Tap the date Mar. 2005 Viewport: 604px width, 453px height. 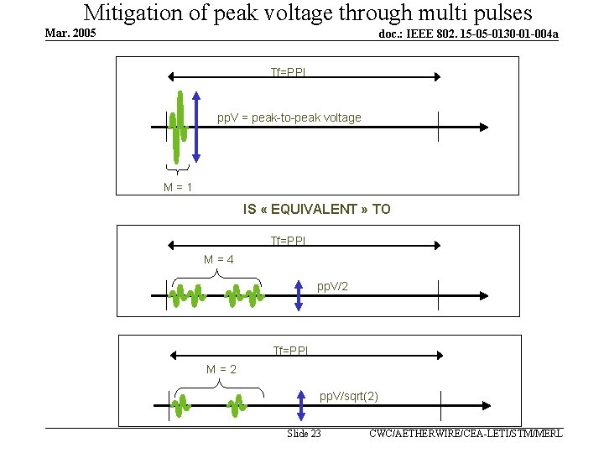tap(70, 34)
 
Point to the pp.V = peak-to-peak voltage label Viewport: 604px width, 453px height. tap(289, 117)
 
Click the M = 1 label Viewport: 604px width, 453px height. tap(178, 187)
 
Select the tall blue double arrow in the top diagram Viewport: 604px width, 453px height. tap(195, 126)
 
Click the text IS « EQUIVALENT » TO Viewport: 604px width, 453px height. tap(316, 209)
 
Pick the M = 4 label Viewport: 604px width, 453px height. tap(219, 259)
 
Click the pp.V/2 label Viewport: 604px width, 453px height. tap(333, 287)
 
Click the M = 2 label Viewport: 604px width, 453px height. tap(221, 369)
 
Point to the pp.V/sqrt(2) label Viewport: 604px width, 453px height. tap(349, 396)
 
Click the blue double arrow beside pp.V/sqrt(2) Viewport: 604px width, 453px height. tap(301, 404)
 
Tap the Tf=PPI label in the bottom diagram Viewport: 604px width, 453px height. tap(290, 350)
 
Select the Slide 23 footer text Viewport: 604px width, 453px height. tap(304, 434)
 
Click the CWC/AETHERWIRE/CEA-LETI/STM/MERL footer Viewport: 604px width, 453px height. tap(466, 433)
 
